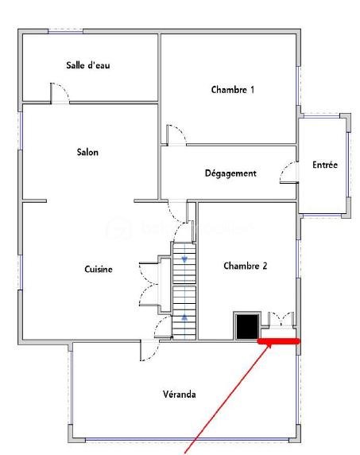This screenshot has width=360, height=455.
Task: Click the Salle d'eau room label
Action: (x=88, y=65)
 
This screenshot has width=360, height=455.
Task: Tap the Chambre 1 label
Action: (x=233, y=89)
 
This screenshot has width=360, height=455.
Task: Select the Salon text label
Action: (x=87, y=152)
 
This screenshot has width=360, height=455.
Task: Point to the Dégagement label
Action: (x=230, y=173)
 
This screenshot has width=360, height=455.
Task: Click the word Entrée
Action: (x=325, y=165)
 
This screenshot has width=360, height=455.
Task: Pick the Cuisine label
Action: (x=99, y=269)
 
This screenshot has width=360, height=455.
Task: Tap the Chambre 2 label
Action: (x=246, y=266)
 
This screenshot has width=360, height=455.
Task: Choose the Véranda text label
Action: (x=179, y=394)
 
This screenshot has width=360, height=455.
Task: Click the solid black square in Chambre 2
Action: (x=247, y=326)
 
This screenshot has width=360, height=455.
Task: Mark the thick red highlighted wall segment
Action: (x=279, y=341)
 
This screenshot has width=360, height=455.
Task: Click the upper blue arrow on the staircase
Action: (x=184, y=259)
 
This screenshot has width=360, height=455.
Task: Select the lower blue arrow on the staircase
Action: (x=184, y=317)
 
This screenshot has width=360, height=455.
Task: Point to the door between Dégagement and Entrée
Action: (x=289, y=173)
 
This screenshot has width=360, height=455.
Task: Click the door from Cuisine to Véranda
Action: (x=149, y=350)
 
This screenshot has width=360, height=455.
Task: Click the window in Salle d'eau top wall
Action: (x=65, y=31)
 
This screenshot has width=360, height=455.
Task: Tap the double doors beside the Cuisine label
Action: (x=149, y=284)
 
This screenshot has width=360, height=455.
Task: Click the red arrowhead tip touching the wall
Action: (x=271, y=344)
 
